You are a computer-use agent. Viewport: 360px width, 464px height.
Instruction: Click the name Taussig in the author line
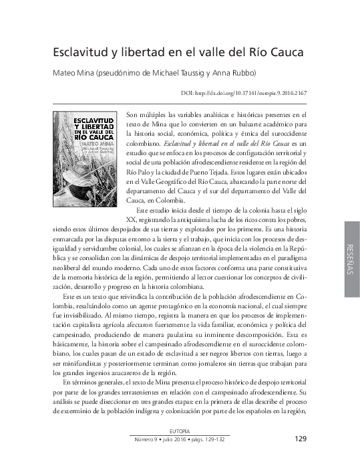tap(194, 74)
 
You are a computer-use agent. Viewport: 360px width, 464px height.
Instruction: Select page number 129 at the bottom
tap(299, 439)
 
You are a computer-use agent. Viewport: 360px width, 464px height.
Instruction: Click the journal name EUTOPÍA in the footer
tap(180, 431)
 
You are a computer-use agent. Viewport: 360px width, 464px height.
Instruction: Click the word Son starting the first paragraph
tap(132, 115)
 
